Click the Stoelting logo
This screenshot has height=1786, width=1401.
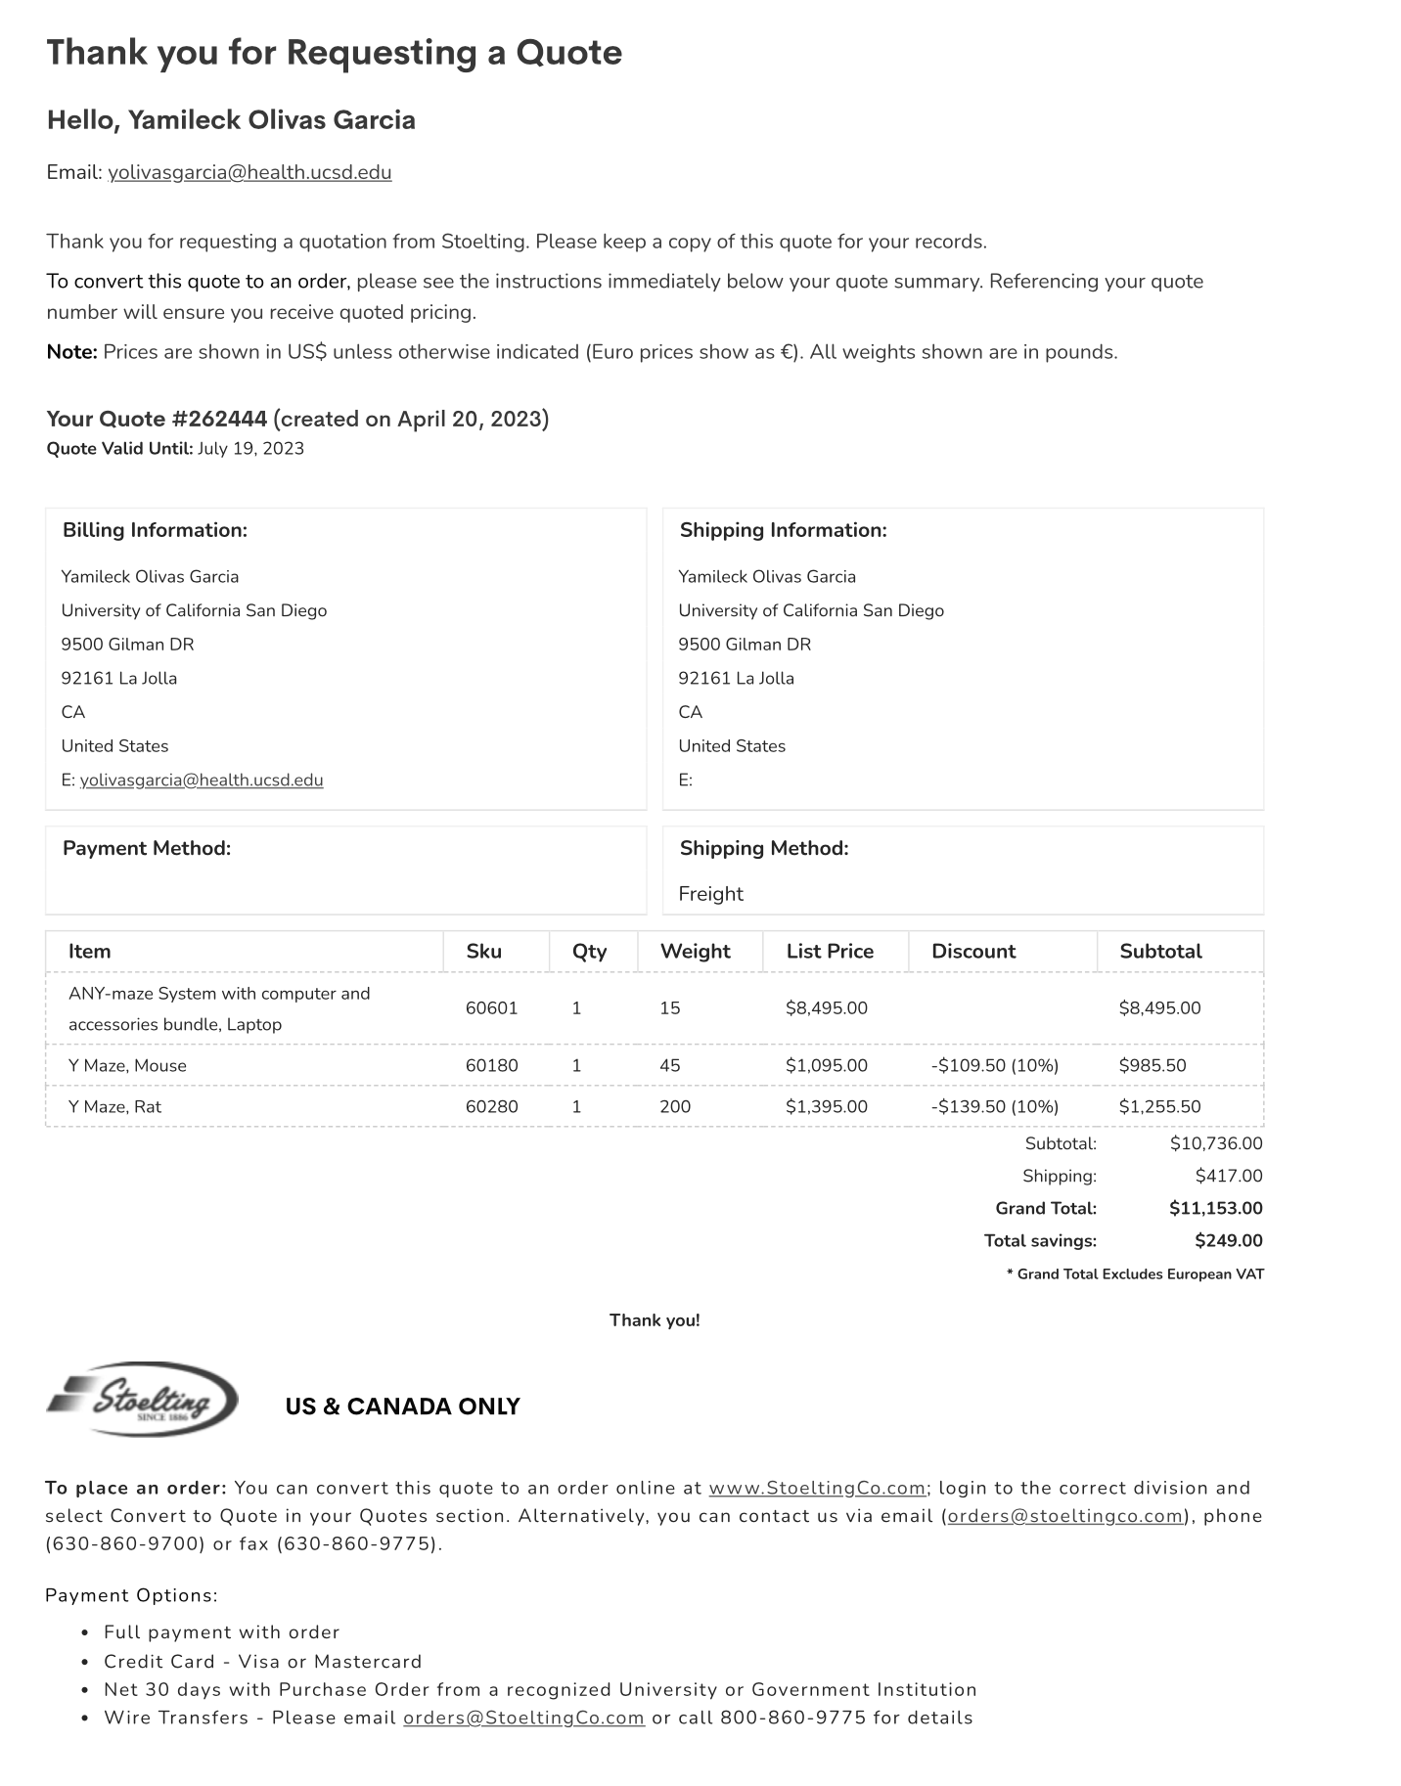[143, 1400]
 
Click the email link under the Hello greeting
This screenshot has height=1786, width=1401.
[249, 173]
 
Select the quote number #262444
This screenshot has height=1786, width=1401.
[219, 420]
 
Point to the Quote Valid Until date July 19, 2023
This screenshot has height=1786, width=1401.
[250, 449]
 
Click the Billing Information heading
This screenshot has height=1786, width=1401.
[155, 530]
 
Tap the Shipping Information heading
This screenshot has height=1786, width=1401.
[783, 530]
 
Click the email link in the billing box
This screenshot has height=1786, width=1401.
[202, 781]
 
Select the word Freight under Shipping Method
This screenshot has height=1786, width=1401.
[710, 894]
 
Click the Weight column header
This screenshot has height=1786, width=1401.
[695, 952]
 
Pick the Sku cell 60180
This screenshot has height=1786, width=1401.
[491, 1066]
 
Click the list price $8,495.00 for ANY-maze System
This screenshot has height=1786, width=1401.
[826, 1008]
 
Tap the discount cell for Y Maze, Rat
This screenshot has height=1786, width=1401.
[994, 1107]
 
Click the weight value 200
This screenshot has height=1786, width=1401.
[675, 1107]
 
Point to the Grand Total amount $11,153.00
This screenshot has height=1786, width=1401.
[1215, 1209]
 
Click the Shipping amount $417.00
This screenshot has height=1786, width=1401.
[1228, 1177]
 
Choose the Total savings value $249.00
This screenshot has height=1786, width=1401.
[1228, 1241]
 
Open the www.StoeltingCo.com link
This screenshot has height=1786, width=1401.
[817, 1489]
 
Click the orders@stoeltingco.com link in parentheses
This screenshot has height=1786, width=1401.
[1065, 1517]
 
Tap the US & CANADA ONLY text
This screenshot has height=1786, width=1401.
[402, 1406]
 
